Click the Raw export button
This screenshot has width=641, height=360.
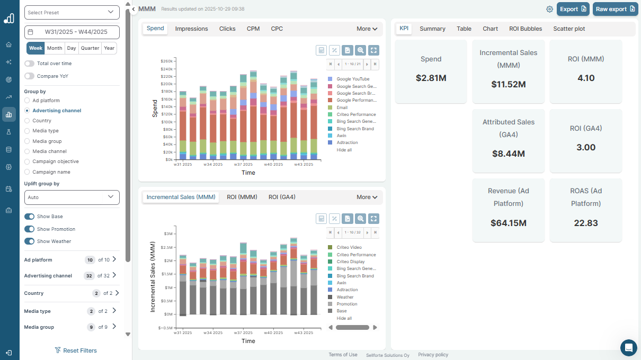pyautogui.click(x=615, y=9)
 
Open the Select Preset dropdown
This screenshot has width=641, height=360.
pyautogui.click(x=72, y=12)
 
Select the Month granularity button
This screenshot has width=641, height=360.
pyautogui.click(x=55, y=48)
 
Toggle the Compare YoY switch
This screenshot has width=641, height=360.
pyautogui.click(x=30, y=76)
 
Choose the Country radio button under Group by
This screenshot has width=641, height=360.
pyautogui.click(x=28, y=121)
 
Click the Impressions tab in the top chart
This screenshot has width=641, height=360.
pyautogui.click(x=191, y=29)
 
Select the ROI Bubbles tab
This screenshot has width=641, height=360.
pyautogui.click(x=525, y=29)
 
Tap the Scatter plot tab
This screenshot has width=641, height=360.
pyautogui.click(x=569, y=29)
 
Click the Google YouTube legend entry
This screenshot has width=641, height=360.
pyautogui.click(x=353, y=79)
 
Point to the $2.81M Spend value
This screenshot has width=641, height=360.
pyautogui.click(x=431, y=78)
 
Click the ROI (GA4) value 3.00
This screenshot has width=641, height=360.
pyautogui.click(x=585, y=148)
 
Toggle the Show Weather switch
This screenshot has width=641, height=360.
pyautogui.click(x=30, y=241)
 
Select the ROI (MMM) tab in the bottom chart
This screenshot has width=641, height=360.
pyautogui.click(x=242, y=197)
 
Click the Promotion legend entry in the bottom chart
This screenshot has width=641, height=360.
pyautogui.click(x=346, y=304)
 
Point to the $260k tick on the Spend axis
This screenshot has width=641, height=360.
pyautogui.click(x=166, y=61)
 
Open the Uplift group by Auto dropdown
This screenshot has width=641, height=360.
pyautogui.click(x=72, y=197)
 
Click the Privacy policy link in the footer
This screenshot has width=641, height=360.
pyautogui.click(x=433, y=355)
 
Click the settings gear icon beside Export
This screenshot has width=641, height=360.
pyautogui.click(x=549, y=9)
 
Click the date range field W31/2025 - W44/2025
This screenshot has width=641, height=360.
pyautogui.click(x=72, y=32)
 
